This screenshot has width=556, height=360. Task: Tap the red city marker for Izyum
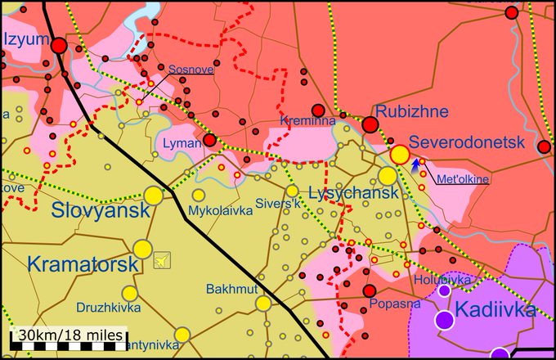(59, 46)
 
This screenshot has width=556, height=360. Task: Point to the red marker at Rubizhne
(370, 125)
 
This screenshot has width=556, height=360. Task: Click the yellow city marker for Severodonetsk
(399, 154)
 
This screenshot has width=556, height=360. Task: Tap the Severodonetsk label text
(466, 142)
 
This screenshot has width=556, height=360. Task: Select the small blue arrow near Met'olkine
(415, 164)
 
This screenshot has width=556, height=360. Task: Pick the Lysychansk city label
(354, 194)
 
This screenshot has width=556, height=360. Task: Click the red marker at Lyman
(209, 141)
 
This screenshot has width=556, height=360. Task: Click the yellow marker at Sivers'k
(292, 191)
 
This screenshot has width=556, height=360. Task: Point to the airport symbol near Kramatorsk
(163, 260)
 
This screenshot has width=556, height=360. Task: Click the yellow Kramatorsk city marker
(142, 248)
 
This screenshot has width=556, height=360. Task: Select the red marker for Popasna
(370, 290)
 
